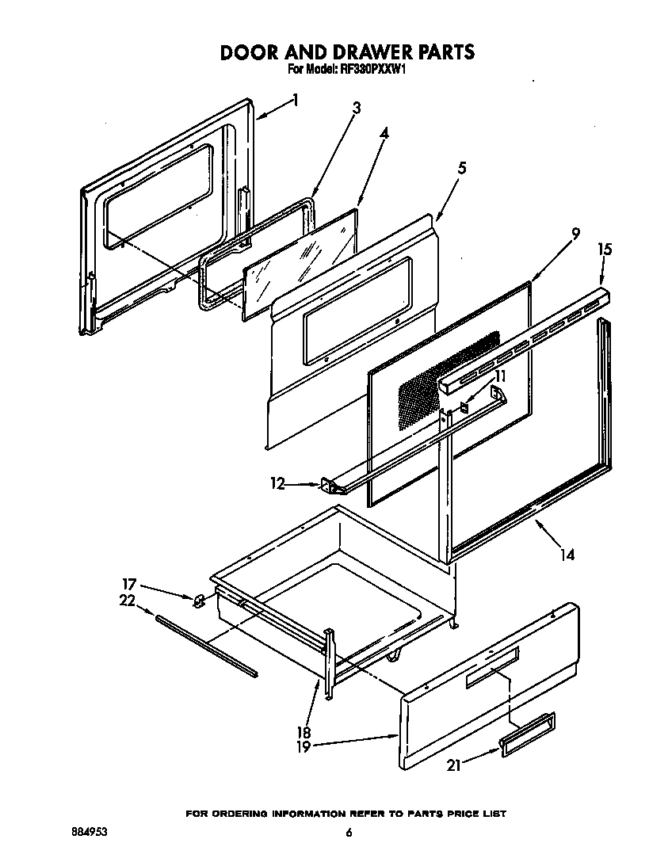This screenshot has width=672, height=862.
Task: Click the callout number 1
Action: point(296,100)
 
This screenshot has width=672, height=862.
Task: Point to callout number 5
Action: point(461,168)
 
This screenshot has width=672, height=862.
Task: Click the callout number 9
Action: point(575,234)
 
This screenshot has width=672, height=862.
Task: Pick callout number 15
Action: point(605,250)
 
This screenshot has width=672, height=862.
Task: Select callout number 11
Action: point(500,376)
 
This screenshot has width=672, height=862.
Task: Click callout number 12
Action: point(277,482)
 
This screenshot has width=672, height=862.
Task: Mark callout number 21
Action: point(452,765)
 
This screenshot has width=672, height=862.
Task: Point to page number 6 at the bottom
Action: point(348,833)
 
